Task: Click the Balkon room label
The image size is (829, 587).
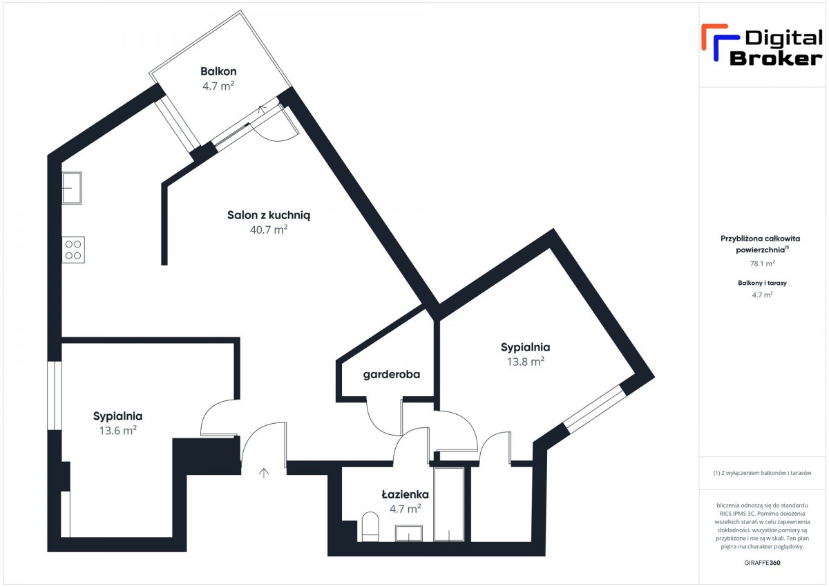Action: pyautogui.click(x=218, y=71)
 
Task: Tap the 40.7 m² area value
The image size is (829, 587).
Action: pyautogui.click(x=269, y=230)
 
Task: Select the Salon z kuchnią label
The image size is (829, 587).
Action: pyautogui.click(x=269, y=215)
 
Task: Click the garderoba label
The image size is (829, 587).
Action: pyautogui.click(x=392, y=375)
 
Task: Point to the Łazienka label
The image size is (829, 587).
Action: pyautogui.click(x=406, y=494)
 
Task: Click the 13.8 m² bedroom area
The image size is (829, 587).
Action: pyautogui.click(x=526, y=362)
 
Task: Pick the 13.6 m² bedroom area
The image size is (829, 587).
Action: pyautogui.click(x=117, y=430)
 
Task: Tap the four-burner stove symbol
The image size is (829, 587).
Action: pyautogui.click(x=73, y=250)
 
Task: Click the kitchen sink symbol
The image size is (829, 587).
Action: pyautogui.click(x=72, y=188)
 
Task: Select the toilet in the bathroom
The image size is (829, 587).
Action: pyautogui.click(x=370, y=527)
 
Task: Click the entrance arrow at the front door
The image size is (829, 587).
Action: pyautogui.click(x=263, y=473)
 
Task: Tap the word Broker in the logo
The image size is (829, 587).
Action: pyautogui.click(x=776, y=59)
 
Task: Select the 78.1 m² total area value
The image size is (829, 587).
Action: pyautogui.click(x=762, y=263)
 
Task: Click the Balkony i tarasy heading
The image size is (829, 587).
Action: pyautogui.click(x=762, y=283)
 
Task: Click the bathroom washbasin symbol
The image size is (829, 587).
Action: pyautogui.click(x=408, y=533)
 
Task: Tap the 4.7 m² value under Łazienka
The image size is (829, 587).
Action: pyautogui.click(x=406, y=509)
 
